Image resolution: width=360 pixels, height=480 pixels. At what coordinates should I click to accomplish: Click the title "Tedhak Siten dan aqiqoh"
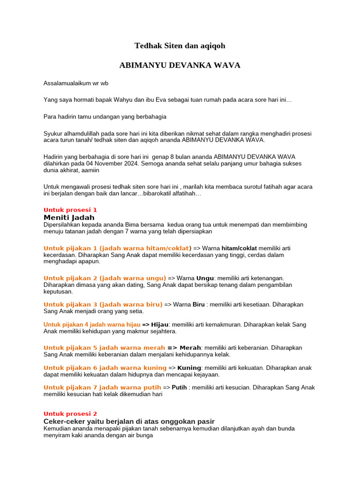coord(180,45)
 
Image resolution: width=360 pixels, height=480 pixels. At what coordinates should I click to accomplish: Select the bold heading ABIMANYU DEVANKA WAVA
coord(180,65)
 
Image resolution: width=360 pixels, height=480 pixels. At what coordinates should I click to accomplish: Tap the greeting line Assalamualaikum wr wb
coord(76,83)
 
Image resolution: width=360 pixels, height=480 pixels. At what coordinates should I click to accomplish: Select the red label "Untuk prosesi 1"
coord(70,210)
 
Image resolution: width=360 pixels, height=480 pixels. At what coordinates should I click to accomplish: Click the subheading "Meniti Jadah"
coord(69,217)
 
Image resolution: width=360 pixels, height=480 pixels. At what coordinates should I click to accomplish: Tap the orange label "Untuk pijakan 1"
coord(70,248)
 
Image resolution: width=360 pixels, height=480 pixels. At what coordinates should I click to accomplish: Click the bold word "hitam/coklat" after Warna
coord(239,248)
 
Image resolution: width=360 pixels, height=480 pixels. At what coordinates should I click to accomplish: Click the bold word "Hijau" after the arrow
coord(159,324)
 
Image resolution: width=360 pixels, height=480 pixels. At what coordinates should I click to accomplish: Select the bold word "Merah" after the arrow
coord(190,348)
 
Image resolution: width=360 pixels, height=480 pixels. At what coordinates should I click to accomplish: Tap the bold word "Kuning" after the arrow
coord(189,368)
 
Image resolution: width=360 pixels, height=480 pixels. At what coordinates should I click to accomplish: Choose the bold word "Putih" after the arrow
coord(180,388)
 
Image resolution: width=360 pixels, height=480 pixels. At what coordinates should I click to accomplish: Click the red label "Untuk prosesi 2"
coord(70,414)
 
